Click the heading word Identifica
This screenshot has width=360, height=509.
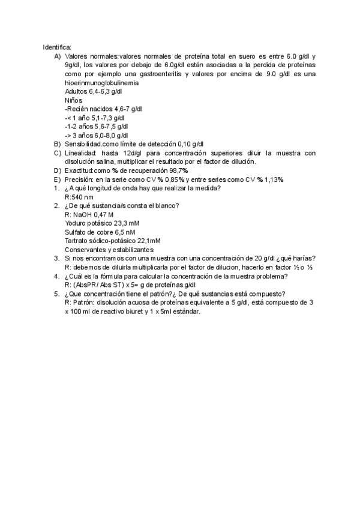[x=57, y=47]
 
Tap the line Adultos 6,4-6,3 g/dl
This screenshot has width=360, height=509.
[x=93, y=91]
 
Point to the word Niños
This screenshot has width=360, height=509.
[x=73, y=100]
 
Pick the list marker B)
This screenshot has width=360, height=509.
[x=57, y=144]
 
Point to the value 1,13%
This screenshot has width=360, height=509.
[x=272, y=179]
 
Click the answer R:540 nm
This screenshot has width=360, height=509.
[x=79, y=197]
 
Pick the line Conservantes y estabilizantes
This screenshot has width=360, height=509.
[x=109, y=250]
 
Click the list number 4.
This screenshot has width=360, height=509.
[x=56, y=276]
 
